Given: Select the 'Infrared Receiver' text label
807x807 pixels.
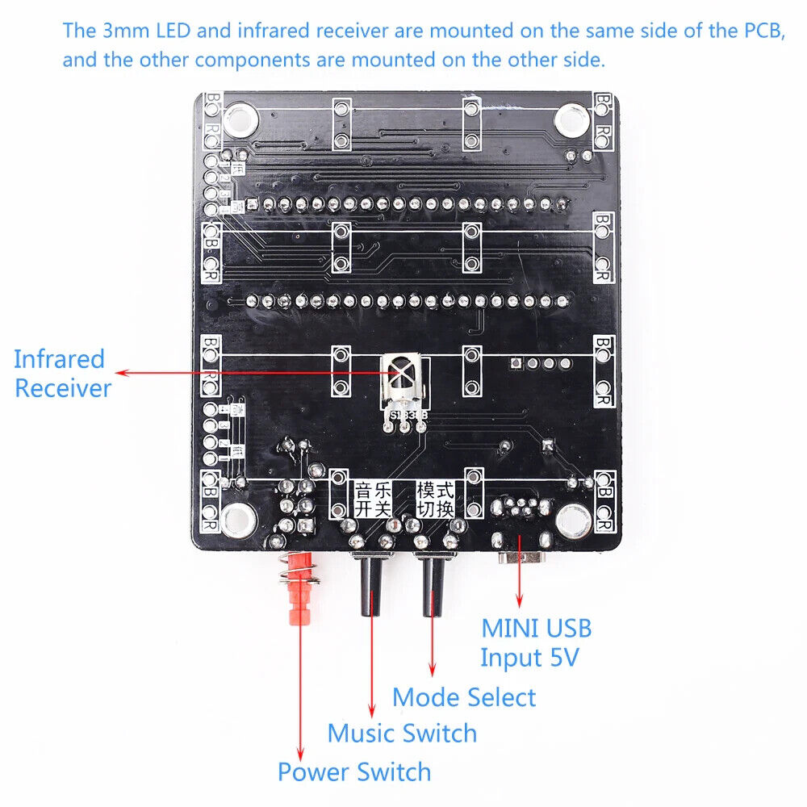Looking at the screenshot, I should [61, 373].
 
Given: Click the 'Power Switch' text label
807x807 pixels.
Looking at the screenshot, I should [354, 771].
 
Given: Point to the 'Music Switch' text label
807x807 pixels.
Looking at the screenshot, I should [402, 734].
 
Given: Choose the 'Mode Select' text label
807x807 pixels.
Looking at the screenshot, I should [464, 697].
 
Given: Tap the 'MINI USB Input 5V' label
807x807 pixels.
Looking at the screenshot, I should [536, 642].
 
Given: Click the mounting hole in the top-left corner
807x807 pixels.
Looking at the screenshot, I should [240, 122].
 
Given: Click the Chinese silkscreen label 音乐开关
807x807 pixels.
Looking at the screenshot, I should [372, 500].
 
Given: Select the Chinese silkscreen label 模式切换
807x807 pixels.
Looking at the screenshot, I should [435, 500].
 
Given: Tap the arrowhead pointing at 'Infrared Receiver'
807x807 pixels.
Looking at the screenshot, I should [119, 373].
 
